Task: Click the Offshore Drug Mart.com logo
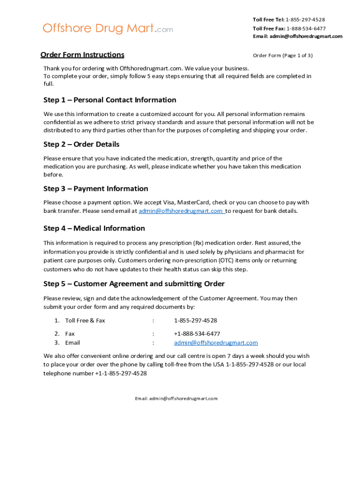point(108,29)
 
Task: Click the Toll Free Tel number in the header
point(305,20)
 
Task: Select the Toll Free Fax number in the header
point(306,29)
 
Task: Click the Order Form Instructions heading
point(82,55)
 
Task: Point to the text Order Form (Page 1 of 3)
point(282,56)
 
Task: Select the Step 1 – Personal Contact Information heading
point(110,100)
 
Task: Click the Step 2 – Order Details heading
point(81,144)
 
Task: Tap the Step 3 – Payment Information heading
point(96,189)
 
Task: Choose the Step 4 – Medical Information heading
point(94,228)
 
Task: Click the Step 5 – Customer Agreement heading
point(134,284)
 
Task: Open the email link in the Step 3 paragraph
point(181,211)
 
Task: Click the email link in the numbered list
point(216,343)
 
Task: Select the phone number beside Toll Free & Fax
point(195,320)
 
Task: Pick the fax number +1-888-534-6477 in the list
point(197,334)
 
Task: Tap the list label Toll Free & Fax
point(85,320)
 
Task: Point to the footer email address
point(176,399)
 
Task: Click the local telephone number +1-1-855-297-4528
point(121,373)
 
